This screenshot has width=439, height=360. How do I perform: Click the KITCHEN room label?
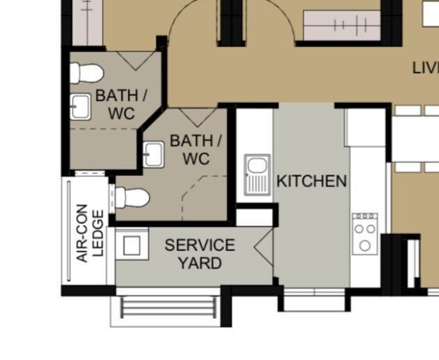point(312,181)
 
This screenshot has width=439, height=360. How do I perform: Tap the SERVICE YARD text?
point(199,254)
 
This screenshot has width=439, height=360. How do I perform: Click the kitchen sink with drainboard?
point(255,175)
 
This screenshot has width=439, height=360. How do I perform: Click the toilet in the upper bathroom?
point(87,72)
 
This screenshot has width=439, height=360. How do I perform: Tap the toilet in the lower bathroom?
point(133,197)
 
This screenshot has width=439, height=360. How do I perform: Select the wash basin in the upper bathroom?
point(79,107)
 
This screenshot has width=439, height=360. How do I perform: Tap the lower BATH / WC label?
point(196,150)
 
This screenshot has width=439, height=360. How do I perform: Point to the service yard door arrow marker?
point(264,247)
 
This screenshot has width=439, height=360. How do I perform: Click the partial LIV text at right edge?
point(425,68)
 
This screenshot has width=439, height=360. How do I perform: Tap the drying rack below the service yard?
point(168,308)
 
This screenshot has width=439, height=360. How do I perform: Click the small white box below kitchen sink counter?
point(254,215)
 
